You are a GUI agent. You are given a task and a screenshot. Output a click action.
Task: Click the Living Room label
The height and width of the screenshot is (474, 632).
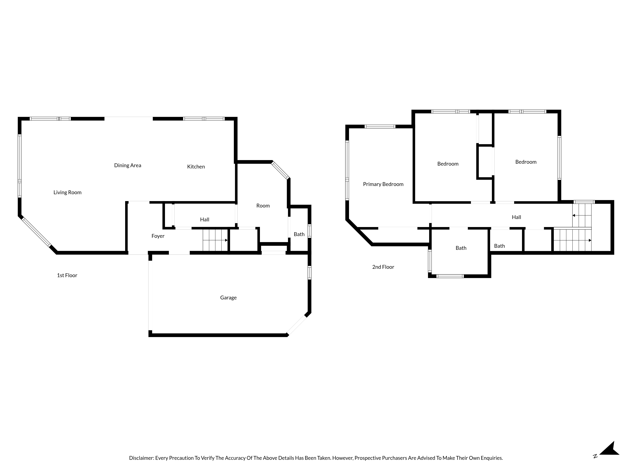(67, 192)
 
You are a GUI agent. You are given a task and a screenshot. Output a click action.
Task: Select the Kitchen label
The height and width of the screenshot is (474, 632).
(196, 167)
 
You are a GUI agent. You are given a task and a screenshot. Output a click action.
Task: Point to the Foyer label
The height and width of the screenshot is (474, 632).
(158, 236)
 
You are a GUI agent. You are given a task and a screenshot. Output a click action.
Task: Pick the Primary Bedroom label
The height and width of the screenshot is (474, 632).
(383, 184)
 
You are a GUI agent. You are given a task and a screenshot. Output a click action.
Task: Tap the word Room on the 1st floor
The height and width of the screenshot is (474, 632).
(263, 206)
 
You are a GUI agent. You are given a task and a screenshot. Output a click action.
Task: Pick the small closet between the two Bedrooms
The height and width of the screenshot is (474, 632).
(485, 162)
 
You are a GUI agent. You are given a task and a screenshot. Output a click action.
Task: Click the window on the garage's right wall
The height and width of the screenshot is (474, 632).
(309, 272)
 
